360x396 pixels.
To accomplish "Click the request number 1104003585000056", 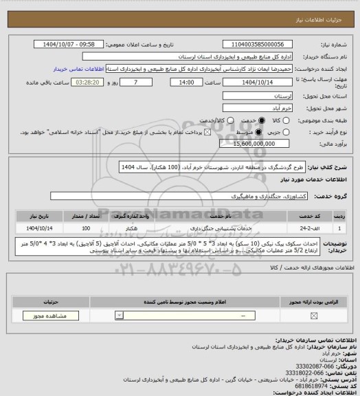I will pyautogui.click(x=243, y=43).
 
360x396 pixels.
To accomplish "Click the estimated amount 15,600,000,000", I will pyautogui.click(x=250, y=144).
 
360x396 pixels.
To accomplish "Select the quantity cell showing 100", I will pyautogui.click(x=86, y=226).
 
